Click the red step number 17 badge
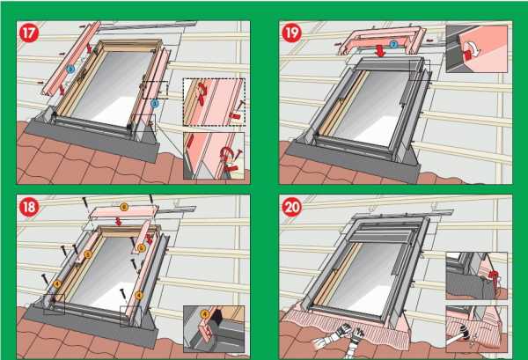point(29,33)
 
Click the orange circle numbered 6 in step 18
point(123,207)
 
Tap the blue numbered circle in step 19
point(393,42)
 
